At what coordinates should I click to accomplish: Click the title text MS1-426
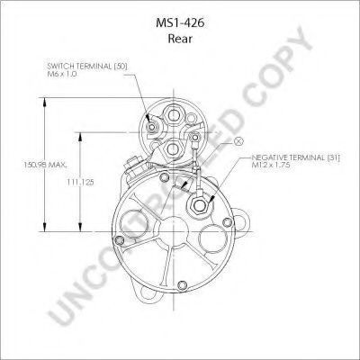tap(180, 23)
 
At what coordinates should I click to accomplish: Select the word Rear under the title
tap(180, 39)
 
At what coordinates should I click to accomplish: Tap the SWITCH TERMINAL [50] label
tap(87, 67)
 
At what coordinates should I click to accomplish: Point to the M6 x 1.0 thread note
tap(61, 74)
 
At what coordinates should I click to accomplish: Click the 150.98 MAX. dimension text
tap(46, 165)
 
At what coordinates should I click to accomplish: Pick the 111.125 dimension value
tap(80, 182)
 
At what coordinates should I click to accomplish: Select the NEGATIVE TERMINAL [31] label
tap(295, 157)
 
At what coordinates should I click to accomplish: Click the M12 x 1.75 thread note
tap(271, 165)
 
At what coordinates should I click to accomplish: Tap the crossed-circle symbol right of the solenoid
tap(238, 141)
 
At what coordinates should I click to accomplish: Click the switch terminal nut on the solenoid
tap(152, 128)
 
